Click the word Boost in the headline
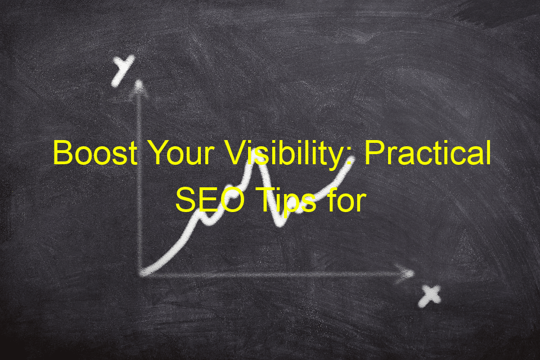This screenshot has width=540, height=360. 96,152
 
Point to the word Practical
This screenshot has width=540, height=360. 427,152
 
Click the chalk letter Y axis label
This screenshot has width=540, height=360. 122,70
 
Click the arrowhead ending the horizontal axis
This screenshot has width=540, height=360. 406,273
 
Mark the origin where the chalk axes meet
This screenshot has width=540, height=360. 141,274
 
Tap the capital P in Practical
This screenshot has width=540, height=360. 374,153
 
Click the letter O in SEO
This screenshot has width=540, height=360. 232,200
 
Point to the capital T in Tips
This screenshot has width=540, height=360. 263,200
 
